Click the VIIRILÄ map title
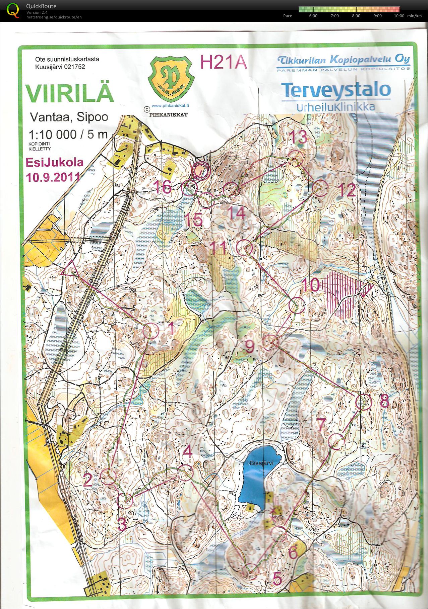(x=69, y=94)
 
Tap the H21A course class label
(x=224, y=62)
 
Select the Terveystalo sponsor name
(x=336, y=90)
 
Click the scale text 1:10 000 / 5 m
(x=68, y=135)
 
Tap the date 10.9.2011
(x=53, y=177)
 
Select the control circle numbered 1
(x=151, y=331)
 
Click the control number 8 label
(x=384, y=401)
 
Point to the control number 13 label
(x=298, y=137)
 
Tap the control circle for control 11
(x=244, y=247)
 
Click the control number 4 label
(x=188, y=451)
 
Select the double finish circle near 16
(x=201, y=171)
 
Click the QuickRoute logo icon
(x=13, y=10)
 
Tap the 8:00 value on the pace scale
(x=356, y=16)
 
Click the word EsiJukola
(x=55, y=162)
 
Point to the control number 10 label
(x=311, y=285)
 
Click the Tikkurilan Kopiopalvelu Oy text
(x=343, y=60)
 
